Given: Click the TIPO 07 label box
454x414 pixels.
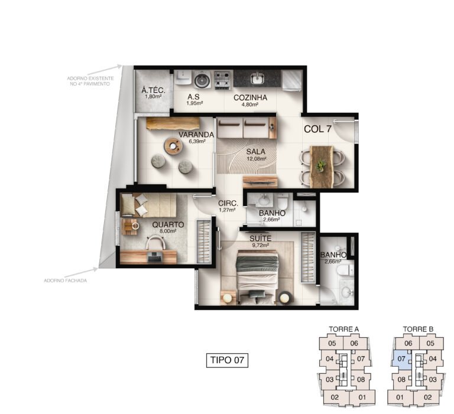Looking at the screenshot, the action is [x=227, y=360].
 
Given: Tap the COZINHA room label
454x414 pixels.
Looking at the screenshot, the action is [x=250, y=97].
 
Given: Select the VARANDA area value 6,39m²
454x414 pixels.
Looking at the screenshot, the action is [x=197, y=141].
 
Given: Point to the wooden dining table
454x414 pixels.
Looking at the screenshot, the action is [x=322, y=167].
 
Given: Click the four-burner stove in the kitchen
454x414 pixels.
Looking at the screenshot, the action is [x=222, y=79].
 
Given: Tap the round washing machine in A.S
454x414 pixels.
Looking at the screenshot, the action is [x=202, y=80].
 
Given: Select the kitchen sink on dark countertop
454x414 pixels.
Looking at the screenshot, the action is [x=257, y=78].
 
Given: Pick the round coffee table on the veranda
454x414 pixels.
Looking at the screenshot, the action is [x=173, y=146].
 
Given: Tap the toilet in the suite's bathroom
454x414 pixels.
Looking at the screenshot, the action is [x=345, y=269].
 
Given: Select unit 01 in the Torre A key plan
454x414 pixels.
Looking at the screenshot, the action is [x=362, y=397].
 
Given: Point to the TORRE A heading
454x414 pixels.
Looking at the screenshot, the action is [x=343, y=329].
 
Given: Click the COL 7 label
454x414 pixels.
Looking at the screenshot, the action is [x=317, y=129].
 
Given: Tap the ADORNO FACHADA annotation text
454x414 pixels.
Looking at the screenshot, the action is [x=66, y=281].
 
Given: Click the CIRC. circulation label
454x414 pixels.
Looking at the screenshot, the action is [x=228, y=203].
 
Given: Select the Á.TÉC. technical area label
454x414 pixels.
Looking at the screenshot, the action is [x=153, y=90].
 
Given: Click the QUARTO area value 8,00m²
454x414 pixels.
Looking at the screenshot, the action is [x=168, y=231].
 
